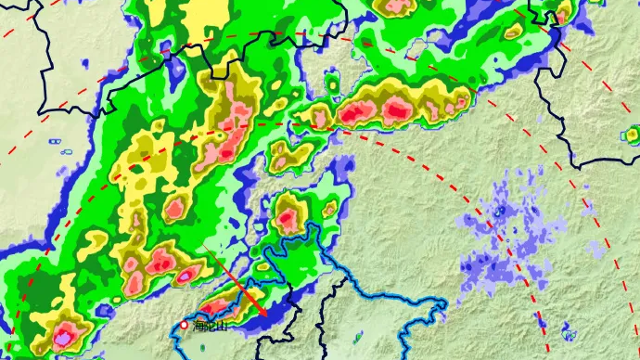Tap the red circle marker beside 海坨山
click(184, 325)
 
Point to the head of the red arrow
click(267, 316)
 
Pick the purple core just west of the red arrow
click(188, 275)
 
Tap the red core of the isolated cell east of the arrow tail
click(288, 220)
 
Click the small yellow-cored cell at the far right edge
click(632, 135)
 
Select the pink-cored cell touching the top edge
click(397, 6)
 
